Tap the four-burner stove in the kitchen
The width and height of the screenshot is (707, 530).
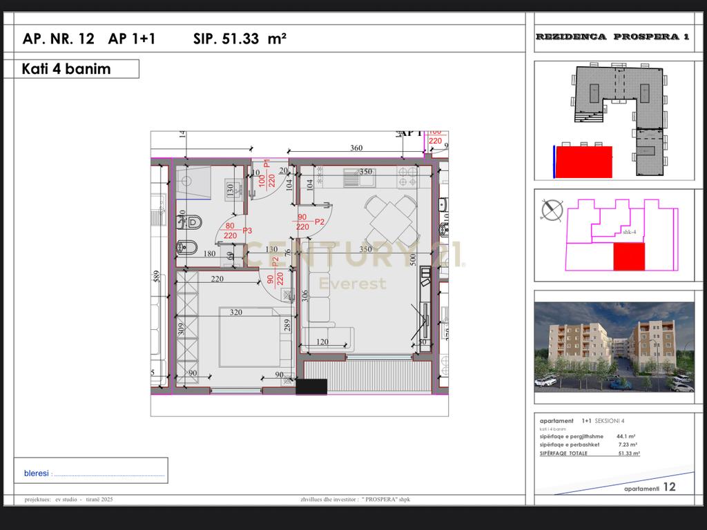coord(407,177)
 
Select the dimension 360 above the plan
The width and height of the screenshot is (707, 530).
coord(356,148)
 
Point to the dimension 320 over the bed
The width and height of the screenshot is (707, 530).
coord(236,312)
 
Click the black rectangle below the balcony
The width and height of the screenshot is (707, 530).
coord(311,387)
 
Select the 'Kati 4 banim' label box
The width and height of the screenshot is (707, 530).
coord(77,69)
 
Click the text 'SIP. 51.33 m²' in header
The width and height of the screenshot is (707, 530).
coord(240,39)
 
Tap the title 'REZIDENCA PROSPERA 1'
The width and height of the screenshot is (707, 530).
coord(612,37)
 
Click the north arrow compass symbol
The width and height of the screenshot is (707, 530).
coord(551,210)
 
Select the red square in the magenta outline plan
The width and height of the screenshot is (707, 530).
coord(629,256)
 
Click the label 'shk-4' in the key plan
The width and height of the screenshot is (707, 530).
coord(629,233)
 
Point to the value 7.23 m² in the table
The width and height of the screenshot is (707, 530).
coord(627,445)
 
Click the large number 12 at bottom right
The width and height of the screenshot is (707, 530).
coord(669,487)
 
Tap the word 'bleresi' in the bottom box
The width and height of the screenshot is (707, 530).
coord(37,473)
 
